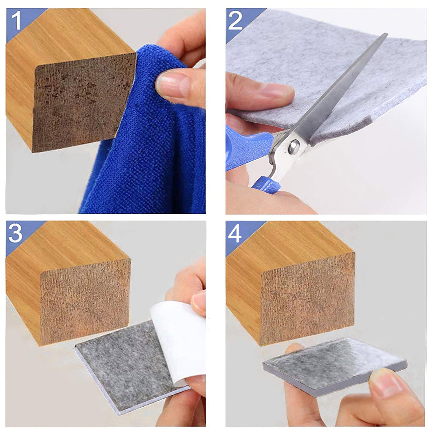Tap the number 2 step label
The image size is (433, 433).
[x=235, y=21]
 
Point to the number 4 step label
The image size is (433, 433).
[x=235, y=234]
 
